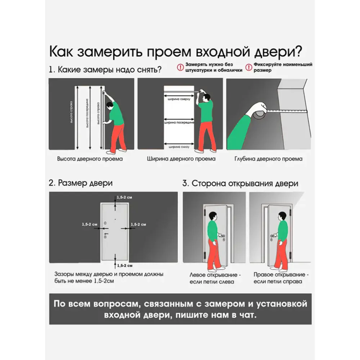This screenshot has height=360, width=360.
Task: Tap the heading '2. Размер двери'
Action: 81,183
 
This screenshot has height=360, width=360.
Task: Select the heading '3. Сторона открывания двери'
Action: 240,183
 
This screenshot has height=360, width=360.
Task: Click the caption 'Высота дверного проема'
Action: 90,158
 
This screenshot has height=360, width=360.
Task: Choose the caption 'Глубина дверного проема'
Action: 268,159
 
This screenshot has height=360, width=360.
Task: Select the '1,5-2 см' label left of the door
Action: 89,224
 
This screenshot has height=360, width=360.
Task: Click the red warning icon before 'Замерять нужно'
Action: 180,67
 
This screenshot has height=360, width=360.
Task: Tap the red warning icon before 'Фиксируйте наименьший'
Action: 248,67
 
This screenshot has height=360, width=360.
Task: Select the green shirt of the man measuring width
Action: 206,111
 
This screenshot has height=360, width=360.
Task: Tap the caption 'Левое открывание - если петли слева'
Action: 211,278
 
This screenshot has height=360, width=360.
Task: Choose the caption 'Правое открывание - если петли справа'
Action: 278,278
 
